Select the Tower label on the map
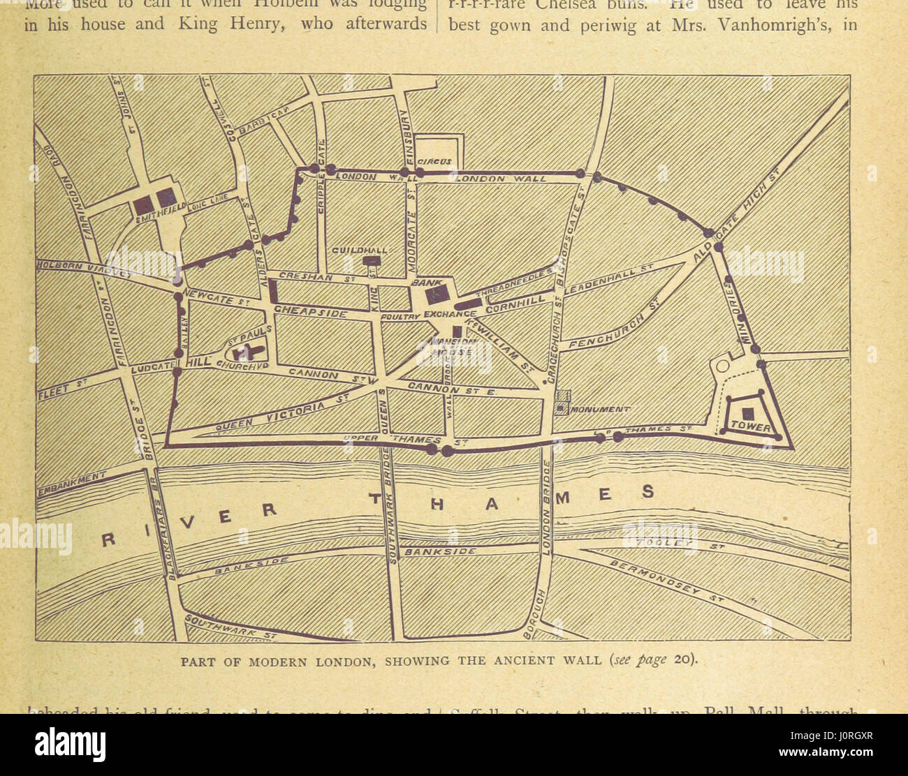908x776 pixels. coord(751,426)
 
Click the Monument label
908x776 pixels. coord(601,410)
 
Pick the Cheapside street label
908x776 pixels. coord(310,312)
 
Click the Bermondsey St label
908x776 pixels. coord(664,580)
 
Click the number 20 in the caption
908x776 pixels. coord(683,660)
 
